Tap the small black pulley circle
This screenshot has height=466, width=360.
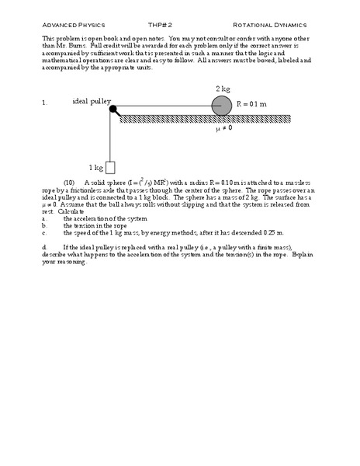pos(114,110)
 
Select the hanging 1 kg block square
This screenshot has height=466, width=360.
pos(110,166)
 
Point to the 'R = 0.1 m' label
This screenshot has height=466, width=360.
pos(253,103)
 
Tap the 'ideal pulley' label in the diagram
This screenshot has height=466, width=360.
pos(91,101)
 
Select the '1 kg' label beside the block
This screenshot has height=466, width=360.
pos(95,167)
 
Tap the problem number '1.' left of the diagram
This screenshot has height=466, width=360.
pos(45,102)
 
